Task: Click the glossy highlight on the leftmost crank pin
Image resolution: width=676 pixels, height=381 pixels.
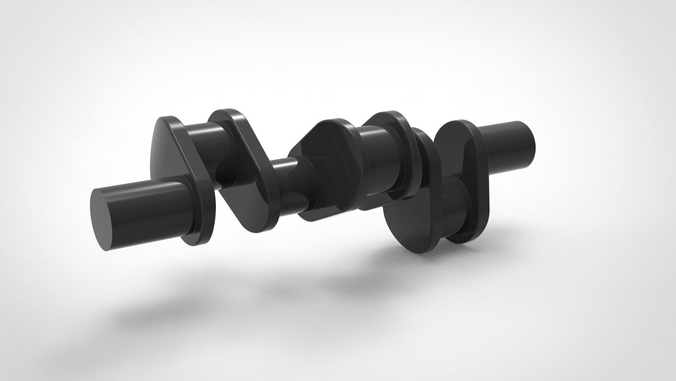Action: [197, 129]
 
